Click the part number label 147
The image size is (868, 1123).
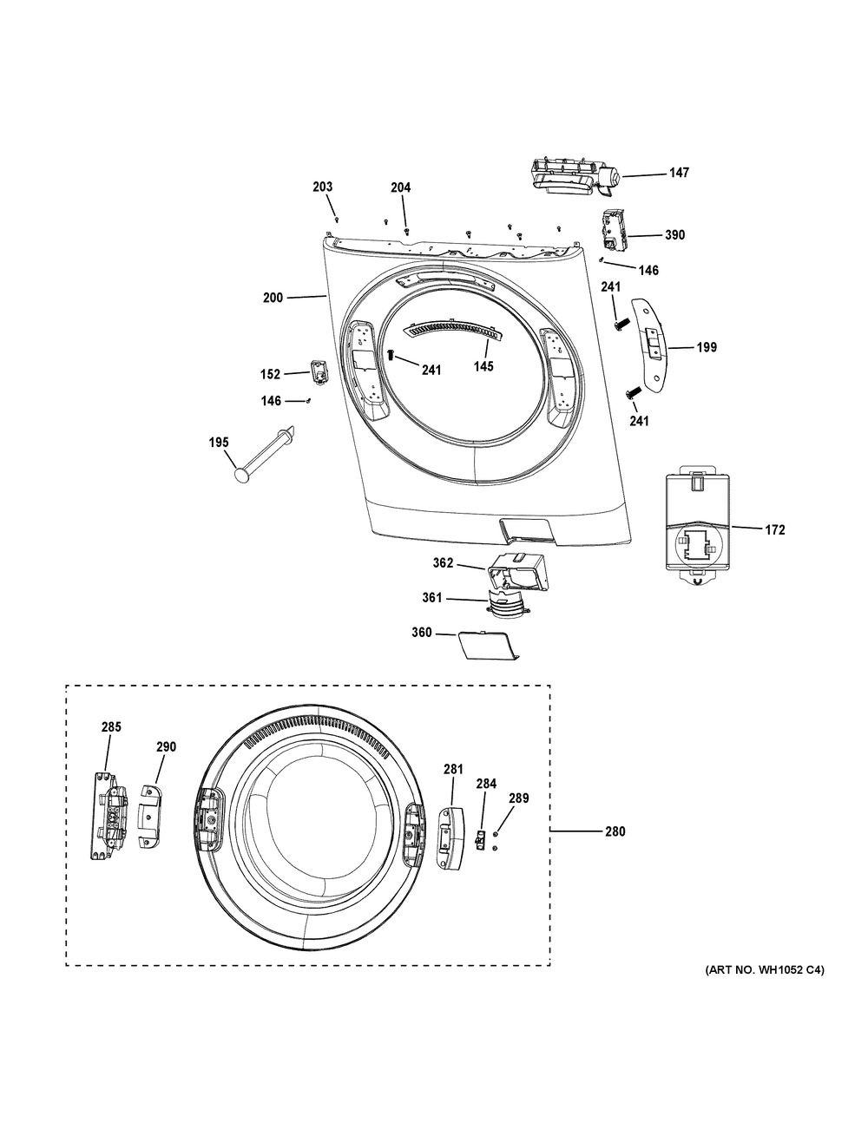(678, 174)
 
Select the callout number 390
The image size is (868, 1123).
(674, 235)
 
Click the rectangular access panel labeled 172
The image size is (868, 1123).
(700, 529)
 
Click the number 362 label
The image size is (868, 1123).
(444, 563)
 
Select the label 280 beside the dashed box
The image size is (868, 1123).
(614, 831)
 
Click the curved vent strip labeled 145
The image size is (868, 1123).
(451, 331)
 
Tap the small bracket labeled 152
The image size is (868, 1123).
(319, 371)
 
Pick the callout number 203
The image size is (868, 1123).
(323, 187)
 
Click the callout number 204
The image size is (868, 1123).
(401, 187)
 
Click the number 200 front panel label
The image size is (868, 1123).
(273, 299)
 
